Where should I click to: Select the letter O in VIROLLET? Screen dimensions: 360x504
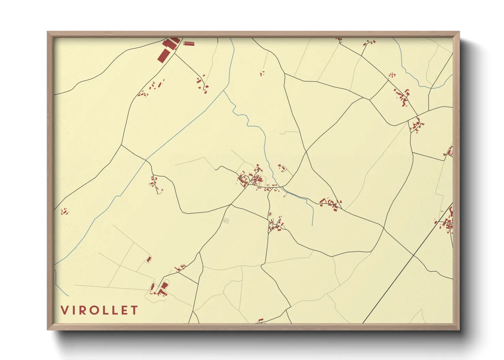click(96, 310)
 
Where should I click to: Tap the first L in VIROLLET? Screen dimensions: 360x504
click(107, 310)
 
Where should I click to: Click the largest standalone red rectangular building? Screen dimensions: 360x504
click(163, 55)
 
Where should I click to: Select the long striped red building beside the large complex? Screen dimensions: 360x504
click(188, 43)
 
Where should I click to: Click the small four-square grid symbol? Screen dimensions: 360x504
click(226, 220)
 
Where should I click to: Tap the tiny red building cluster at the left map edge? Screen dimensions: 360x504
click(64, 212)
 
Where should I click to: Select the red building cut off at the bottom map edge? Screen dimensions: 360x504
click(261, 321)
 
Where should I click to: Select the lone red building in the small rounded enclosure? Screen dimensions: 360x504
click(149, 260)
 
